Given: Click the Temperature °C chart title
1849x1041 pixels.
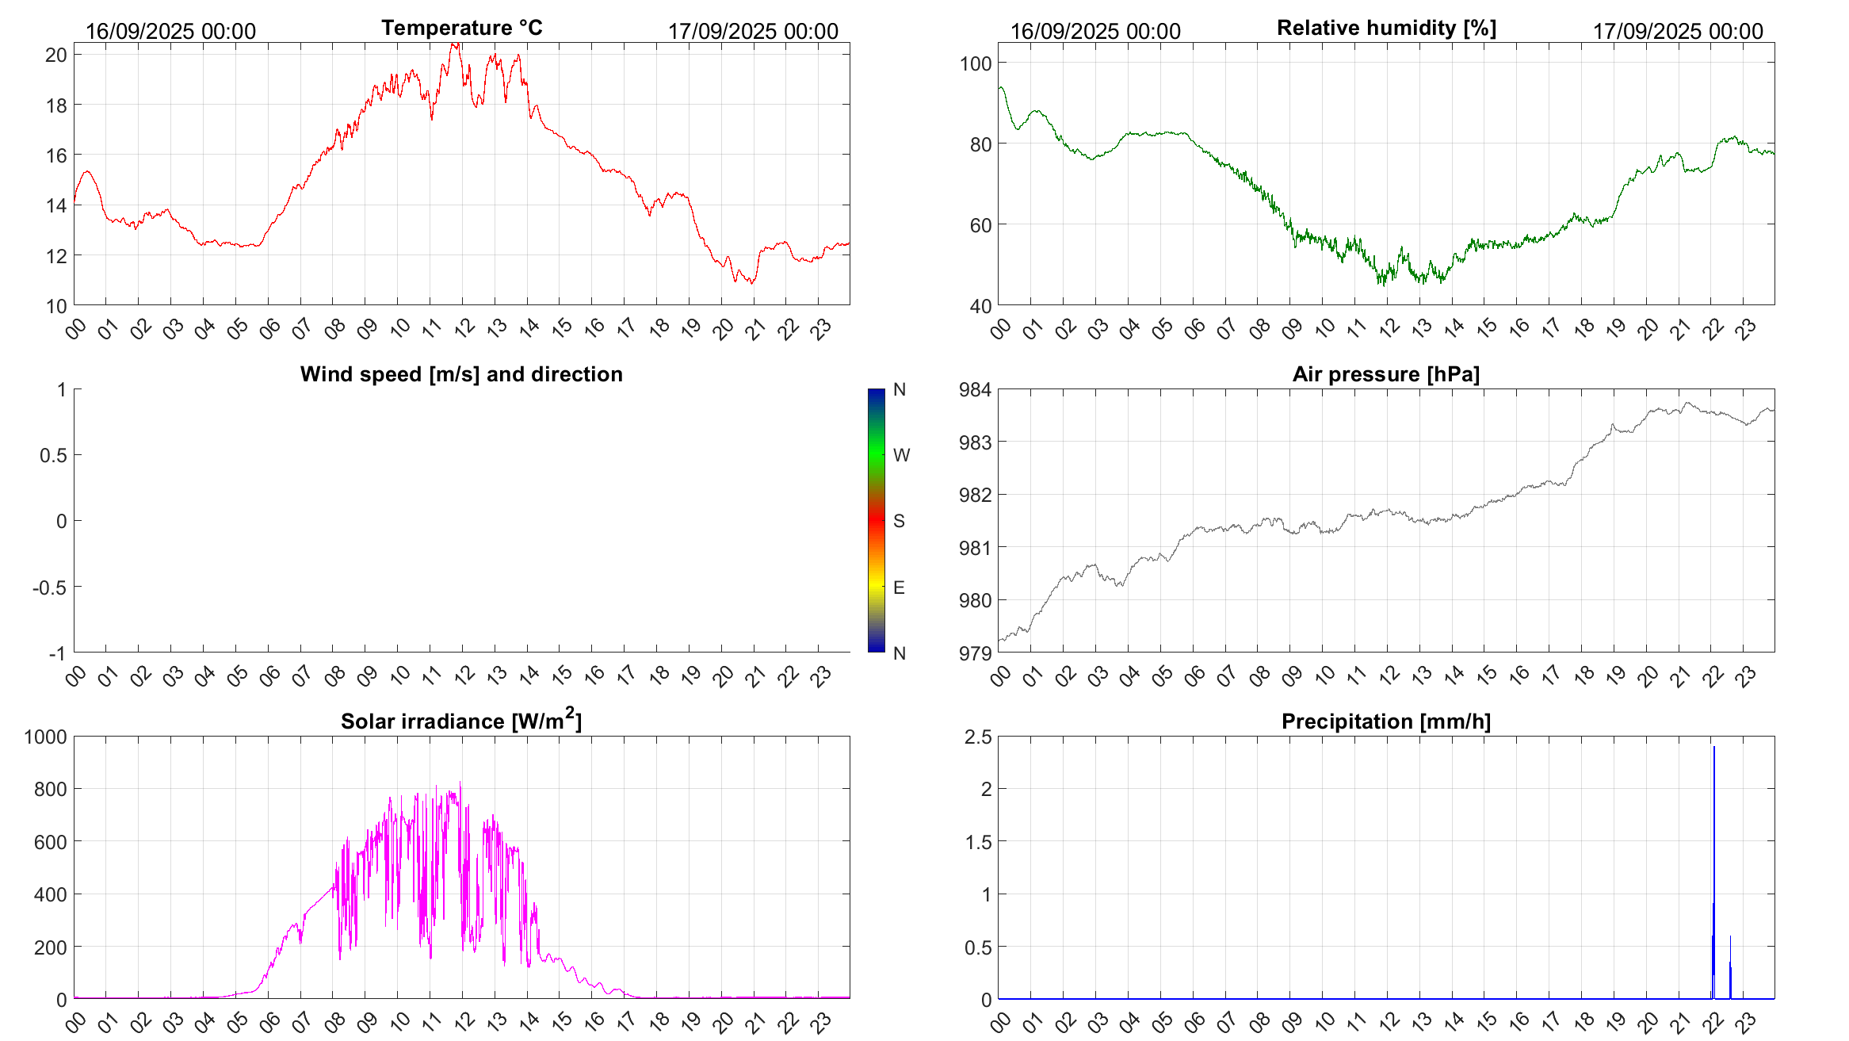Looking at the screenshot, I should click(461, 28).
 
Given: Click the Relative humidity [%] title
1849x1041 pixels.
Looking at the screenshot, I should click(1386, 28).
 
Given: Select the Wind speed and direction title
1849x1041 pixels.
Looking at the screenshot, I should click(461, 374).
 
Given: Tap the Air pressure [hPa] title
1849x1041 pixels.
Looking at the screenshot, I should click(1386, 374).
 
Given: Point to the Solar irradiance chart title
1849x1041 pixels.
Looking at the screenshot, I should click(461, 721).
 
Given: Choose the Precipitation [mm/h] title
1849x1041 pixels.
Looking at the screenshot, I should click(1386, 721).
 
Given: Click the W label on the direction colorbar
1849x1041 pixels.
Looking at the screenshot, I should click(901, 455).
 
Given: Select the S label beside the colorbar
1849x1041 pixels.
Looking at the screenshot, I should click(899, 521).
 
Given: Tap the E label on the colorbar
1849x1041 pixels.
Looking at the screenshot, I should click(899, 587).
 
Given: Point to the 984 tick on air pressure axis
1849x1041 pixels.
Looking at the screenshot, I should click(975, 389).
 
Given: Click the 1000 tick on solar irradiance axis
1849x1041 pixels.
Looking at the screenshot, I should click(46, 737).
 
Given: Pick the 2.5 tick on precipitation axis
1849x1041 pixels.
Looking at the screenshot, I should click(978, 737).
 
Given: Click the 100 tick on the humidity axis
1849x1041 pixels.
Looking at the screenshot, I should click(975, 63).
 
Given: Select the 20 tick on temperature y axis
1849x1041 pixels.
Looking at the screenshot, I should click(56, 55).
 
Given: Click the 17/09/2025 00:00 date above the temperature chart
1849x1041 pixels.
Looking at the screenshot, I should click(753, 32).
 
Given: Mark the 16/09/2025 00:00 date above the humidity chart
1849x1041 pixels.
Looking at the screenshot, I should click(1095, 32).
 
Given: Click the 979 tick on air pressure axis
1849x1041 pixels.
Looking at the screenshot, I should click(975, 653).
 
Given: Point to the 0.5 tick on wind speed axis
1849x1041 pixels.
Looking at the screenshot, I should click(53, 455).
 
